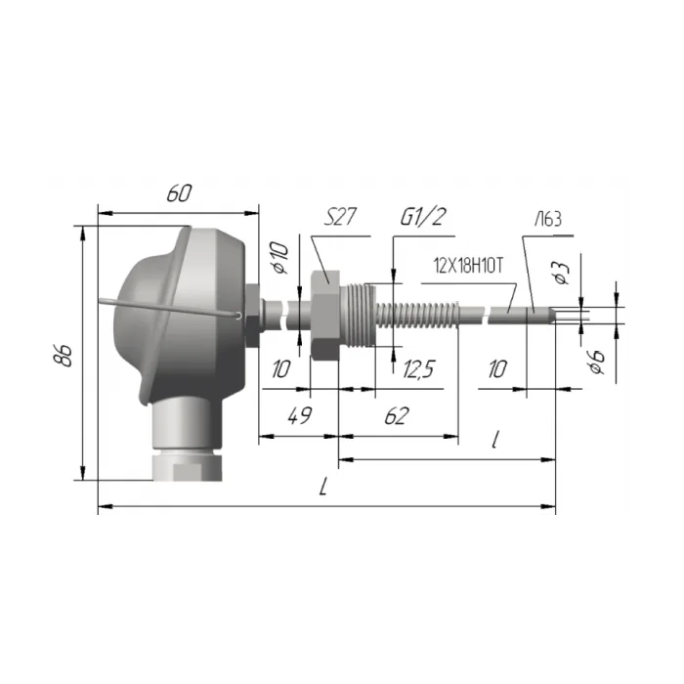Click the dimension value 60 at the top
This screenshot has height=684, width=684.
coord(179,193)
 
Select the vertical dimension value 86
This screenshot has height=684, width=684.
coord(63,355)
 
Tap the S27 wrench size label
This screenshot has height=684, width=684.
coord(340,217)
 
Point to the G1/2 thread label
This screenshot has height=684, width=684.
coord(423,217)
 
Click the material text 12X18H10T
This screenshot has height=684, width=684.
coord(468,265)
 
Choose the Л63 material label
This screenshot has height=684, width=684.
coord(549,219)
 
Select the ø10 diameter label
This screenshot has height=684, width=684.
coord(280,257)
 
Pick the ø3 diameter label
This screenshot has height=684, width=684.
coord(562,273)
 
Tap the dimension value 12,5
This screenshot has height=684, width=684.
coord(418,369)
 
